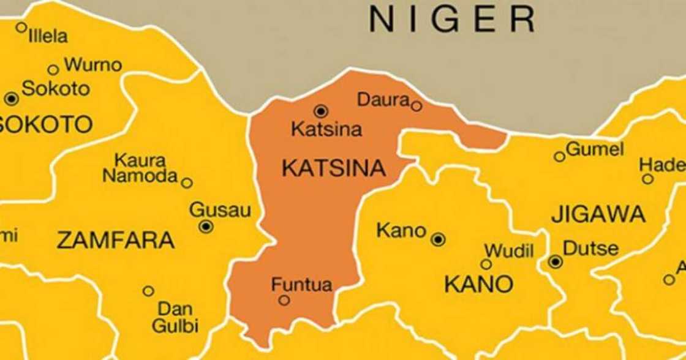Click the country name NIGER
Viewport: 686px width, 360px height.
tap(452, 20)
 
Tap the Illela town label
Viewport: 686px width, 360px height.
tap(48, 37)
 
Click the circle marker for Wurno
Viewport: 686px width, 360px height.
tap(53, 70)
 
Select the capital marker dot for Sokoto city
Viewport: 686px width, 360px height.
tap(11, 99)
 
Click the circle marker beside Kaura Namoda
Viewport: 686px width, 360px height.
tap(187, 182)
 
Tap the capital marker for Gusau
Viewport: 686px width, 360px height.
tap(206, 227)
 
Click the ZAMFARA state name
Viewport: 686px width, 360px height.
tap(116, 241)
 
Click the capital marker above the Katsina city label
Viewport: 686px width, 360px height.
tap(321, 111)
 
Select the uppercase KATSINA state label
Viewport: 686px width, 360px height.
tap(334, 168)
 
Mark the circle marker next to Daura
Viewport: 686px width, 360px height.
tap(417, 106)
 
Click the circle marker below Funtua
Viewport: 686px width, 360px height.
tap(284, 300)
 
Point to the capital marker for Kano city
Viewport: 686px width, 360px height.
tap(438, 239)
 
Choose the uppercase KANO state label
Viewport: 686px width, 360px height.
tap(478, 284)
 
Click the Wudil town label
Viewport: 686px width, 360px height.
tap(509, 251)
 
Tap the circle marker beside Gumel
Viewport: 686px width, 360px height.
tap(559, 157)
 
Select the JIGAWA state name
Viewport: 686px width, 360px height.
tap(598, 215)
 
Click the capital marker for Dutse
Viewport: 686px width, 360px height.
tap(556, 262)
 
